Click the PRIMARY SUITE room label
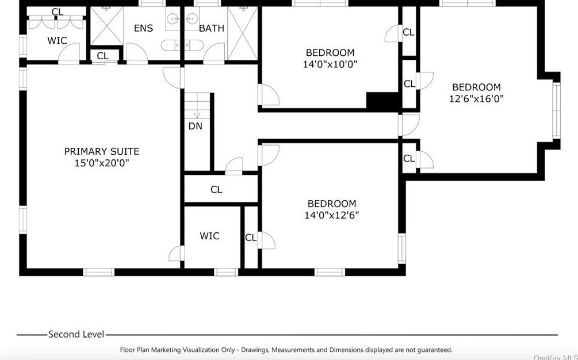coord(102,151)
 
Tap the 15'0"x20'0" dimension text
coord(102,163)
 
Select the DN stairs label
coord(196,127)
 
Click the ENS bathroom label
coord(143,28)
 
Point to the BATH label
coord(212,28)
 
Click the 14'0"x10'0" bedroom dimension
coord(330,64)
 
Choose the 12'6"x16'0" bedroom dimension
coord(476,99)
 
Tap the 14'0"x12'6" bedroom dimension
coord(331,215)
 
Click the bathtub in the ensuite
coord(182,45)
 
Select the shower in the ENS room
coord(107,26)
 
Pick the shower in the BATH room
coord(242,33)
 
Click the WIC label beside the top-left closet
coord(57,40)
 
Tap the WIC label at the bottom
coord(209,236)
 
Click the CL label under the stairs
coord(216,189)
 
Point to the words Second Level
coord(76,334)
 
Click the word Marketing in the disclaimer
coord(196,350)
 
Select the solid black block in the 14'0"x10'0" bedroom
coord(382,100)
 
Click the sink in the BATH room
coord(192,18)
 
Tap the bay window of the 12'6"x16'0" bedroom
coord(556,110)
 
